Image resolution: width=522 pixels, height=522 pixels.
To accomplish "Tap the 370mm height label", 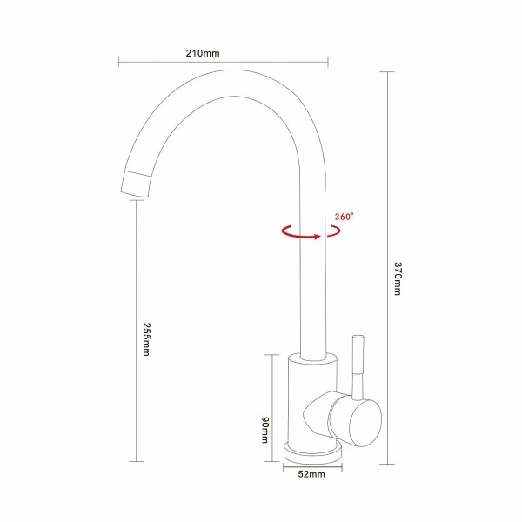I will point(397,279).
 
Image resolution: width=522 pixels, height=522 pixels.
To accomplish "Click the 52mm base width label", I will point(311,475).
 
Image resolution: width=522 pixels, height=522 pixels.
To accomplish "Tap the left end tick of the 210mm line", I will point(119,61).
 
